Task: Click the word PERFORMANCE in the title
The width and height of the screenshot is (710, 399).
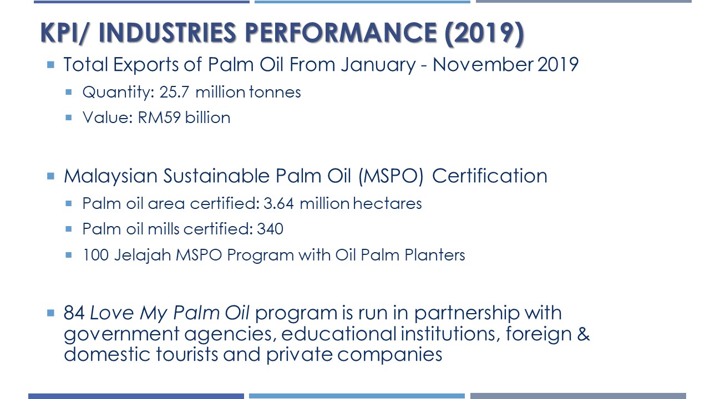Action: (341, 33)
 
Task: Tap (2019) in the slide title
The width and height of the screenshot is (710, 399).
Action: (484, 34)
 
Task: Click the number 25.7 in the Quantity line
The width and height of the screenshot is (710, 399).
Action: (174, 93)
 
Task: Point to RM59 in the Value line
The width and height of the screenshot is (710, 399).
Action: (159, 117)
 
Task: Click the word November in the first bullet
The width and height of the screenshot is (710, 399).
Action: (483, 65)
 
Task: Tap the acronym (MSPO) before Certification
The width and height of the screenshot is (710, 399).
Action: (391, 176)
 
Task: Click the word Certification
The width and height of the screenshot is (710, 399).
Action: (490, 176)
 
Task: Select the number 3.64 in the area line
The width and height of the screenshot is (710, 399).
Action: (278, 203)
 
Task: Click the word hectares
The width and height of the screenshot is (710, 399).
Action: (387, 203)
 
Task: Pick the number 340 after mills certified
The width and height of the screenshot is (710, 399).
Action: (270, 229)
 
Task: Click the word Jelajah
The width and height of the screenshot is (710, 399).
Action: (143, 255)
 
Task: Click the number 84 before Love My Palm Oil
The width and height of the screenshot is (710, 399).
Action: (74, 313)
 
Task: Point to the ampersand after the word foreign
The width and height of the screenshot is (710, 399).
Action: (584, 334)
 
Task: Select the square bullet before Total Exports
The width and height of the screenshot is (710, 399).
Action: (50, 65)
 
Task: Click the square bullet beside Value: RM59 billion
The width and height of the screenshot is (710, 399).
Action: (68, 117)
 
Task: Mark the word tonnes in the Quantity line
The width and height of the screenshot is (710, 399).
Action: (275, 93)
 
